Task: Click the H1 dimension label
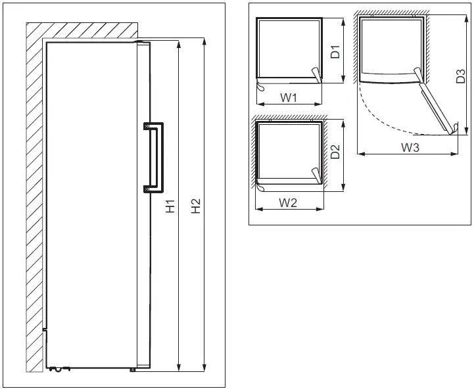[170, 206]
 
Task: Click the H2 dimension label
[195, 206]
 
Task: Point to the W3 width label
[410, 148]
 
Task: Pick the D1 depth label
[335, 52]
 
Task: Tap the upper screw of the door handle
[145, 125]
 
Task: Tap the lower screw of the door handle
[145, 190]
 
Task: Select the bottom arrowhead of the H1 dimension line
[179, 367]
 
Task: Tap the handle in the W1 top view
[317, 78]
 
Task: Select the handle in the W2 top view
[316, 176]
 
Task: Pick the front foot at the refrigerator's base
[133, 369]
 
